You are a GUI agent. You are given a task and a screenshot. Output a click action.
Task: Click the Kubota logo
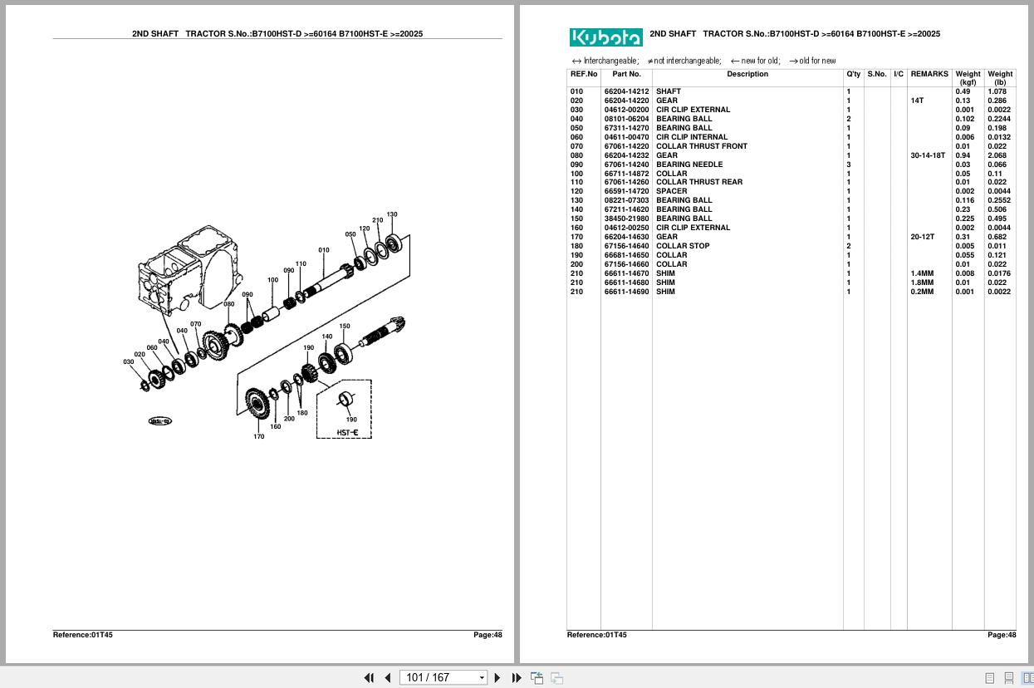[605, 37]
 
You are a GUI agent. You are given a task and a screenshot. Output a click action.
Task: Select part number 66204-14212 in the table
[626, 91]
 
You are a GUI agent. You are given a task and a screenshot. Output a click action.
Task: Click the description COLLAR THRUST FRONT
[701, 146]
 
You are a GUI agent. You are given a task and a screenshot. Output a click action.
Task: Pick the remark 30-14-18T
[927, 155]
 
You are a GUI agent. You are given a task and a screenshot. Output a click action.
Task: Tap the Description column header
[747, 74]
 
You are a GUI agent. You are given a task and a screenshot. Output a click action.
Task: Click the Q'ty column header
[853, 74]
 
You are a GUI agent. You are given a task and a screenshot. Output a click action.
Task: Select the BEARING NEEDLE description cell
[689, 165]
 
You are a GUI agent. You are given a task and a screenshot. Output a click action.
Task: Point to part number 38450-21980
[626, 219]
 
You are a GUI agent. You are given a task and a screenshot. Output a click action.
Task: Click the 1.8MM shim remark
[921, 283]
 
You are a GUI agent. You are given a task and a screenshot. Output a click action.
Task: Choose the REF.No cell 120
[576, 191]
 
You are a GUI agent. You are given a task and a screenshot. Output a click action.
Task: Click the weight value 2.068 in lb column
[997, 155]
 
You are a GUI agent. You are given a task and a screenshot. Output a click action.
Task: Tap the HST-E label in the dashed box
[347, 432]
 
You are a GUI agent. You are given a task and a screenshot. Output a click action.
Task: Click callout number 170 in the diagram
[258, 436]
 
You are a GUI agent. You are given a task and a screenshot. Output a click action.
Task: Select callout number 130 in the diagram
[392, 214]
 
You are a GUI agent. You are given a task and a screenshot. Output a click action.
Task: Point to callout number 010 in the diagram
[324, 250]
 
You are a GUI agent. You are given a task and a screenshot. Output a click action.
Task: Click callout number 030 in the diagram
[128, 362]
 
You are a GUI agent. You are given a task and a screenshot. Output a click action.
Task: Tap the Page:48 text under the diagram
[488, 635]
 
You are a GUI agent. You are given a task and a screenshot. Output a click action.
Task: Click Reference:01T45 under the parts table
[596, 635]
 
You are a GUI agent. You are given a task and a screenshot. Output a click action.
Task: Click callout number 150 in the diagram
[345, 327]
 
